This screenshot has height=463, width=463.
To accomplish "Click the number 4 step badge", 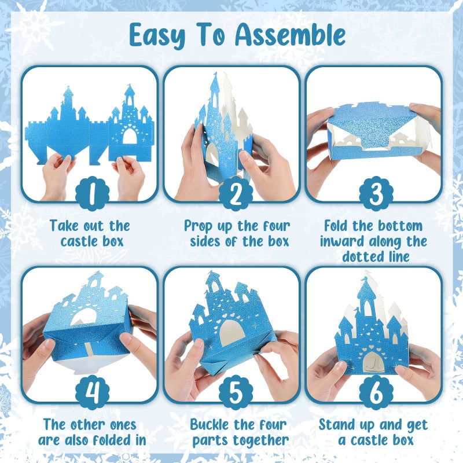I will tap(92, 395).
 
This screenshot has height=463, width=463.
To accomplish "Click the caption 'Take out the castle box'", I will tap(90, 233).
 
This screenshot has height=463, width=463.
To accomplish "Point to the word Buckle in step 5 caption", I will tap(211, 425).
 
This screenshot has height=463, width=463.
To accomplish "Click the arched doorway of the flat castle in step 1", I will tap(130, 137).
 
